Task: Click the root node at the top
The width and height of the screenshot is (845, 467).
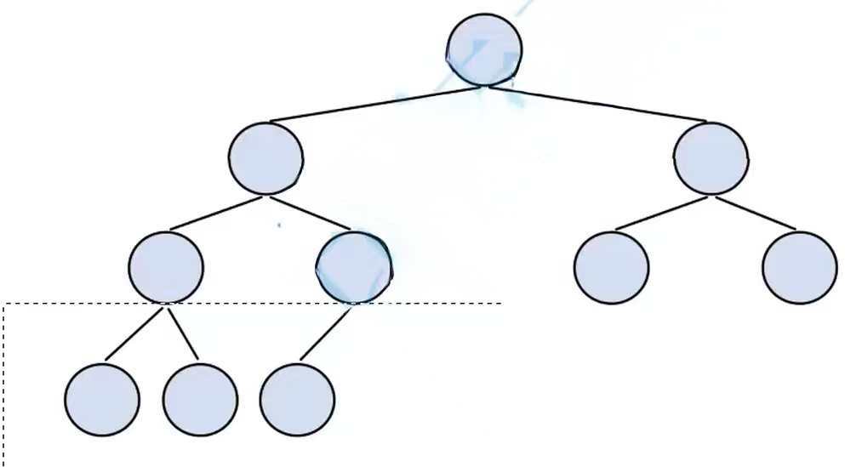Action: (x=484, y=49)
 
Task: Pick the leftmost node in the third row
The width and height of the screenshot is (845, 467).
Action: (x=167, y=267)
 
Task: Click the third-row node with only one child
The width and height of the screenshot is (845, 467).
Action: (x=354, y=267)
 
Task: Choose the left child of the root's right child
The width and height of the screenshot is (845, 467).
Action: (x=611, y=267)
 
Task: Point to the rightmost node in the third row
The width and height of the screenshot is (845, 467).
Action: (x=800, y=267)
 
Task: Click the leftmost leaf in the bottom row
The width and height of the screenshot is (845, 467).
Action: (x=102, y=400)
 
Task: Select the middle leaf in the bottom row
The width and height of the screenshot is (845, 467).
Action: (x=200, y=400)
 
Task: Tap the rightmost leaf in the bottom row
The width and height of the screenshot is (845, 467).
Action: (x=297, y=400)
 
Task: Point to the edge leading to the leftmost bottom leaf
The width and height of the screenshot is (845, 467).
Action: (x=132, y=334)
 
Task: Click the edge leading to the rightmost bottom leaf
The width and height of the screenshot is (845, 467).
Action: (x=325, y=333)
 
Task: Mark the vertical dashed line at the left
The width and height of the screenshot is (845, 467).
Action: (x=4, y=383)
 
